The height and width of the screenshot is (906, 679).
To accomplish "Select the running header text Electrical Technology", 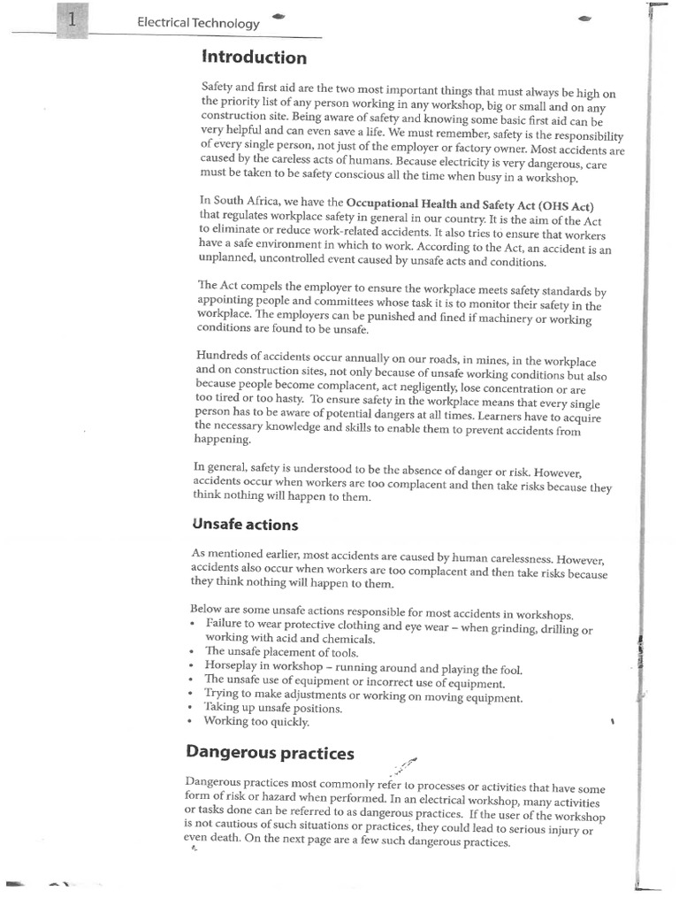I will (198, 24).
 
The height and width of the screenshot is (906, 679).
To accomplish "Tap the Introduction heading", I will (255, 58).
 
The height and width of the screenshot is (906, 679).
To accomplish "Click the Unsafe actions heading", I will (245, 525).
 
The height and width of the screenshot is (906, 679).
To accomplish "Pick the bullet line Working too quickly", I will (256, 722).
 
